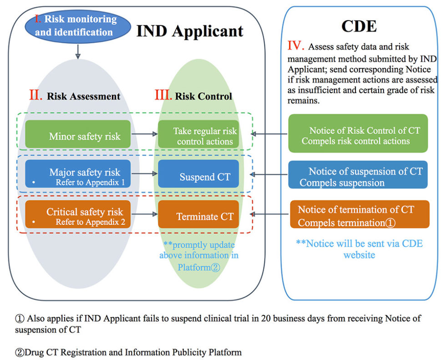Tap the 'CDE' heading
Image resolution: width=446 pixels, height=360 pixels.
click(x=359, y=26)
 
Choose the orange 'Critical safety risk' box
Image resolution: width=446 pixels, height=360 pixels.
click(x=78, y=214)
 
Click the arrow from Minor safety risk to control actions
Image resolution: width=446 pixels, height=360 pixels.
click(x=144, y=134)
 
